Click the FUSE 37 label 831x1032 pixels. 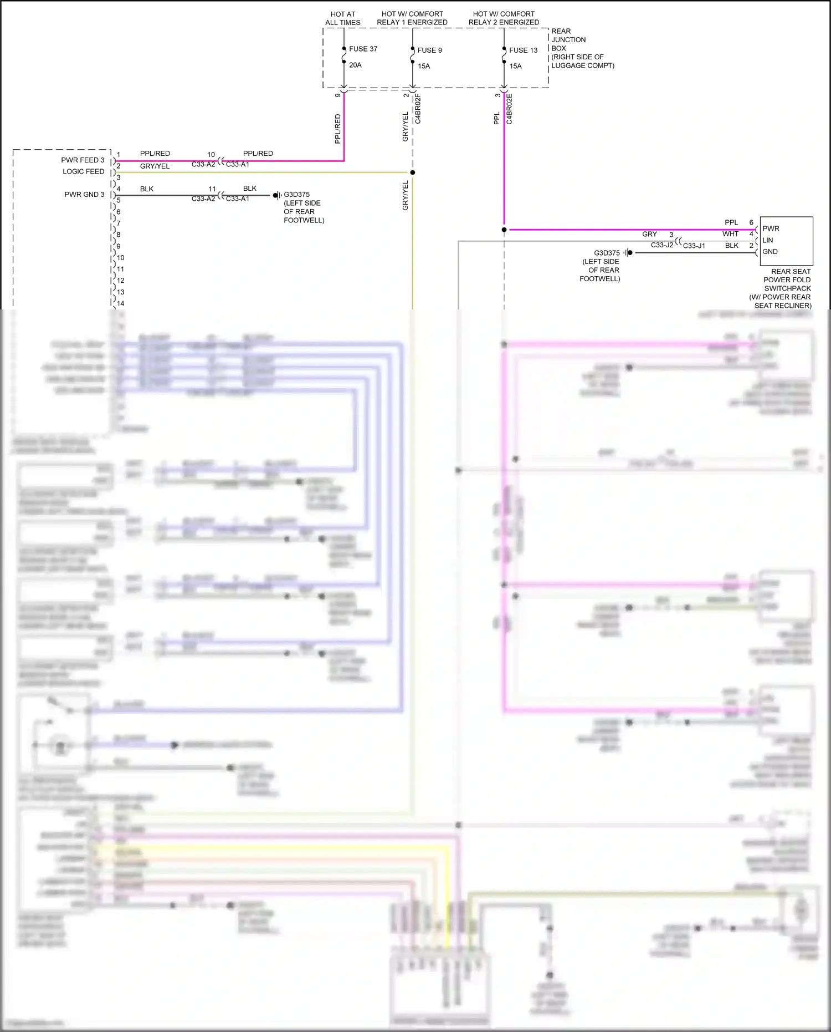[363, 49]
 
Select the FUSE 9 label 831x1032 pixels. [429, 50]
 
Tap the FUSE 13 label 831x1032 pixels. [523, 50]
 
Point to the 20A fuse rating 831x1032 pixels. [355, 65]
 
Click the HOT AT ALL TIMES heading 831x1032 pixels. [343, 18]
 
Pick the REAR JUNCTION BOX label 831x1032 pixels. [568, 40]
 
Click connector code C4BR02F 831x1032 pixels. [418, 109]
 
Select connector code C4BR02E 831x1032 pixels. [510, 109]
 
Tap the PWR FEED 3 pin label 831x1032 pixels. [83, 160]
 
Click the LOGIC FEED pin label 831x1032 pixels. [83, 171]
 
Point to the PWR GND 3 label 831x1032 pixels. [84, 195]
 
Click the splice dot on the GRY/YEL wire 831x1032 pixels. [413, 172]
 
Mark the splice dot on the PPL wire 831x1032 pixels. [504, 230]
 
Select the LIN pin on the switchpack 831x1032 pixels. [767, 240]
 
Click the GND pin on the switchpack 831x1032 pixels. [770, 252]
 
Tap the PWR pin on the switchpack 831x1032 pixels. [771, 228]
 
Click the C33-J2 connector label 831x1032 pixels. [661, 245]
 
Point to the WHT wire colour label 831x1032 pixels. [730, 234]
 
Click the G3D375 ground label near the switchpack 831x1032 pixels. [607, 253]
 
